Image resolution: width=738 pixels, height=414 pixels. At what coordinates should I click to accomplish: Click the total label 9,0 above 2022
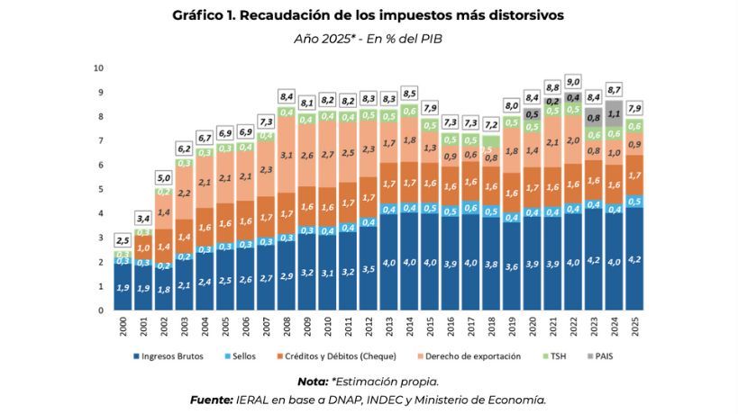click(x=573, y=80)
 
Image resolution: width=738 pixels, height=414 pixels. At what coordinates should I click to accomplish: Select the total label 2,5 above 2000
click(x=123, y=239)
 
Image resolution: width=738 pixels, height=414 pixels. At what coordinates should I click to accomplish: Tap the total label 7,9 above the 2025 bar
click(x=634, y=107)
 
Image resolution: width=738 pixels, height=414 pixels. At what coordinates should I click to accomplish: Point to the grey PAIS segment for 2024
click(x=615, y=114)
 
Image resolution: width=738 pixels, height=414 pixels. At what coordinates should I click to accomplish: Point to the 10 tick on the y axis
click(x=100, y=67)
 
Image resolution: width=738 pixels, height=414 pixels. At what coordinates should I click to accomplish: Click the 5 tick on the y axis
click(x=102, y=189)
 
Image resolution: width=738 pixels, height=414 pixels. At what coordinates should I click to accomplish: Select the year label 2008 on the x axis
click(x=286, y=328)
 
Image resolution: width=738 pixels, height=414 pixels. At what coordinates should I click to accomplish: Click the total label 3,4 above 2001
click(x=143, y=218)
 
